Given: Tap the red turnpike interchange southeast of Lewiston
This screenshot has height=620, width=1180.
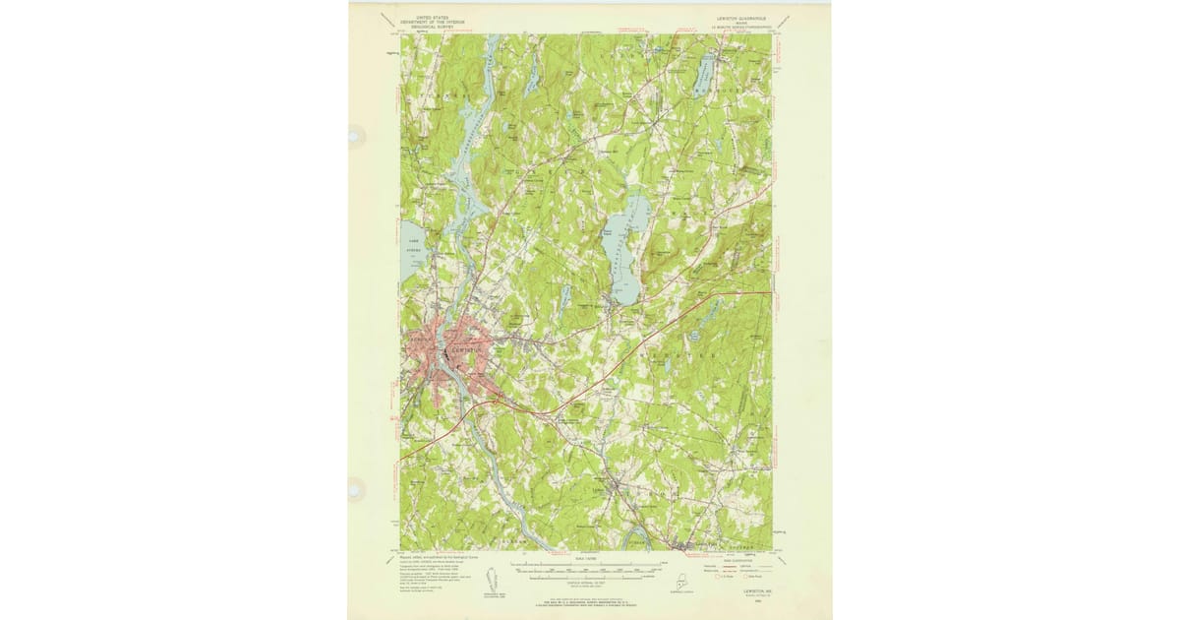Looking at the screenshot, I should pyautogui.click(x=501, y=399).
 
